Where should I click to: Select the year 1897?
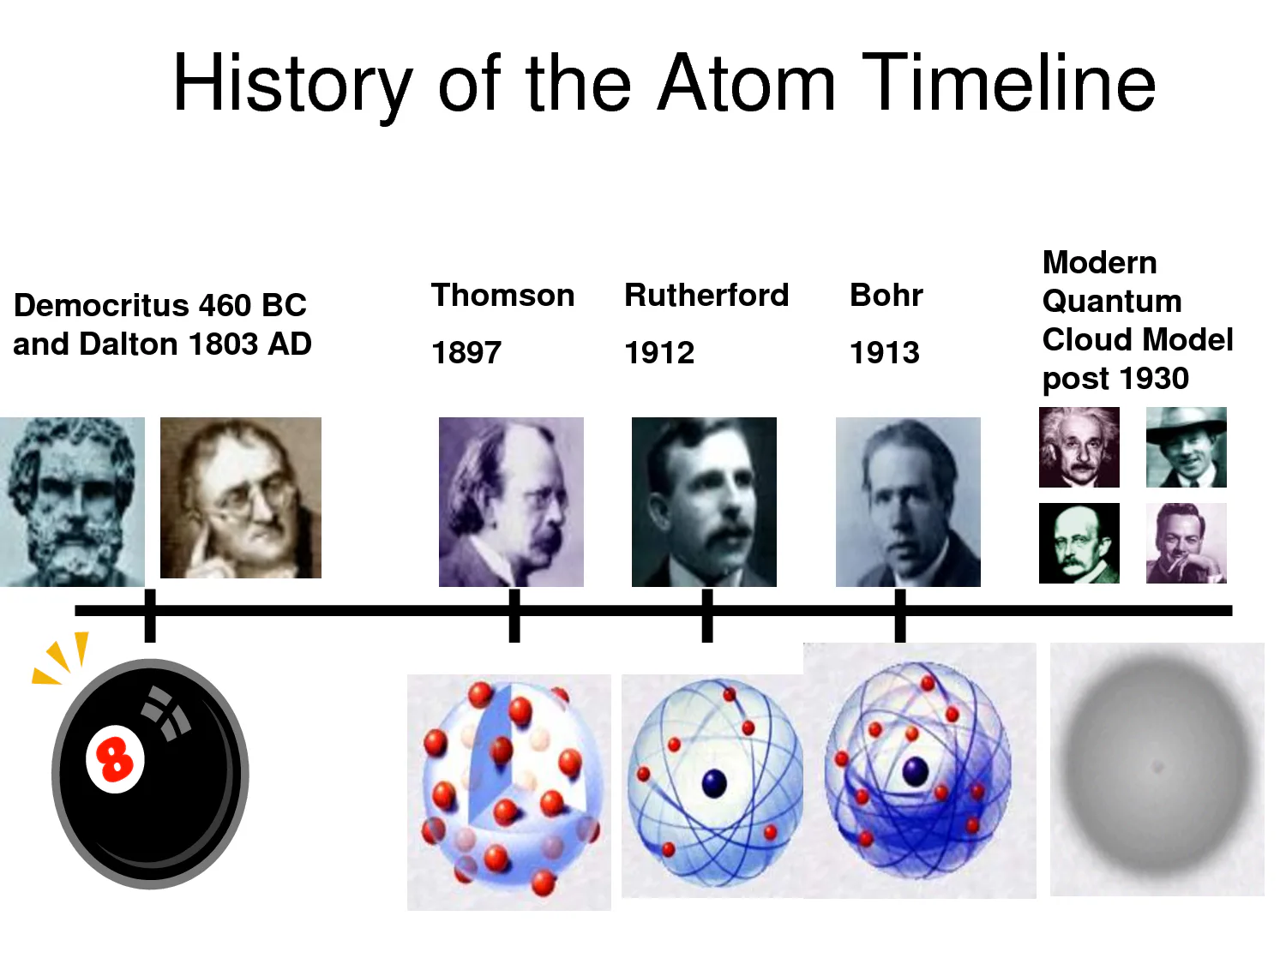[x=466, y=352]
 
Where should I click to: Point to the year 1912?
[x=659, y=352]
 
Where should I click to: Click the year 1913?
[x=884, y=352]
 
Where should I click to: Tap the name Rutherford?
[x=706, y=295]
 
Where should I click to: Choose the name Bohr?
[x=886, y=295]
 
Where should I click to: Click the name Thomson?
[x=502, y=295]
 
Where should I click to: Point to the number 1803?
[x=223, y=344]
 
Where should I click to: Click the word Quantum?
[x=1112, y=301]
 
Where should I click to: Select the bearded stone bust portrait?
[x=72, y=501]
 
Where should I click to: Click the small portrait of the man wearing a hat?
[x=1186, y=447]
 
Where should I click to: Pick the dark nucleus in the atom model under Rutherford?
[x=713, y=782]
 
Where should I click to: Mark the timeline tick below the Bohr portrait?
[x=899, y=615]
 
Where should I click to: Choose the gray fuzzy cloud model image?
[x=1157, y=769]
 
